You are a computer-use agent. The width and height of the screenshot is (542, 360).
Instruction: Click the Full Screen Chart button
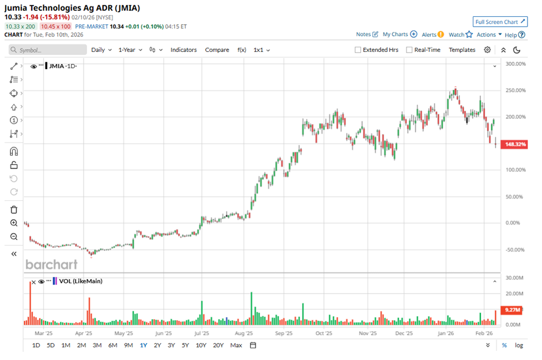(x=500, y=22)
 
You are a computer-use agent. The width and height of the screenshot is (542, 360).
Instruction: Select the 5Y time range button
(x=185, y=345)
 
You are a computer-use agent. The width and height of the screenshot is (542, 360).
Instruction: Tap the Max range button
(x=236, y=345)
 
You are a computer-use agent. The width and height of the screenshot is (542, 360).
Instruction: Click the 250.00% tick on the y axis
(x=515, y=90)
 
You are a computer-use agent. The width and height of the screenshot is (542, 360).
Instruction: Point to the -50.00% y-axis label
(x=514, y=250)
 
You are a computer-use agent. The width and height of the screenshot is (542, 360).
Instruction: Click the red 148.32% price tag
(x=514, y=144)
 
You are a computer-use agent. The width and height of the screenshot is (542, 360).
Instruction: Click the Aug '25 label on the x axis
(x=244, y=333)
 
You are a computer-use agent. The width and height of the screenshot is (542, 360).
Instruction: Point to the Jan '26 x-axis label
(x=444, y=333)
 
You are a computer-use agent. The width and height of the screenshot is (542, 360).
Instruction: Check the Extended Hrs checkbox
(x=358, y=50)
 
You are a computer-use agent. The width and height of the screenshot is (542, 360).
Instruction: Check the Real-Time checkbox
(x=409, y=50)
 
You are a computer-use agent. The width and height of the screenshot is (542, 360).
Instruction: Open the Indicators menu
(x=183, y=50)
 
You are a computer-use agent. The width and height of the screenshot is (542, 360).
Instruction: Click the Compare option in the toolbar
(x=217, y=50)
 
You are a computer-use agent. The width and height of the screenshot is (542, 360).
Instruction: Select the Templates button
(x=462, y=50)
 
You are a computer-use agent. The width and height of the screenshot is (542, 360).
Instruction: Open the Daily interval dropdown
(x=101, y=50)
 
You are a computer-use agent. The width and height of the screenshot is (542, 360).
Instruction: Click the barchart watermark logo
(x=51, y=264)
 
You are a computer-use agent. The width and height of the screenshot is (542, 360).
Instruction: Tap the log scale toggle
(x=519, y=345)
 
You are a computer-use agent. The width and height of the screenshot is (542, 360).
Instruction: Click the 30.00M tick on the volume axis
(x=514, y=278)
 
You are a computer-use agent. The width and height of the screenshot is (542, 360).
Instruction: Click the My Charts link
(x=400, y=35)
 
